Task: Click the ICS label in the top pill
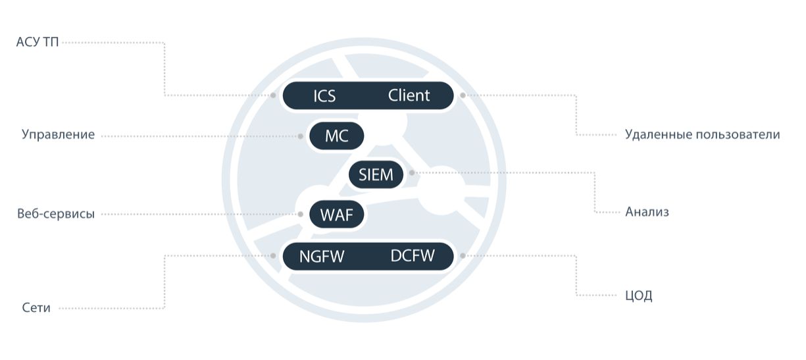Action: (x=324, y=96)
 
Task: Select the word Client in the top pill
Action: (x=409, y=95)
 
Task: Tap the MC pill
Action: (x=336, y=136)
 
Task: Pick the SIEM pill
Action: (x=376, y=174)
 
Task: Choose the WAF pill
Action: (x=336, y=215)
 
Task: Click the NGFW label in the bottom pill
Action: (x=322, y=256)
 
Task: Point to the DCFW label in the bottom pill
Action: (x=413, y=256)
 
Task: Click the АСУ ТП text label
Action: (x=38, y=42)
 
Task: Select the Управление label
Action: (x=58, y=134)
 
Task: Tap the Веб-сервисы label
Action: (x=56, y=213)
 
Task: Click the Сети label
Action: (x=36, y=308)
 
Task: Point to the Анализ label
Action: (x=647, y=212)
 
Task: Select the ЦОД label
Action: (x=639, y=296)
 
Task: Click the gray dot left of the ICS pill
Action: (x=273, y=95)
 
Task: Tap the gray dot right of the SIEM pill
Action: (x=412, y=173)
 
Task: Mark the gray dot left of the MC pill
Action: (x=301, y=136)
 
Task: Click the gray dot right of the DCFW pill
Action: (x=463, y=255)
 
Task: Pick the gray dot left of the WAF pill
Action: (x=301, y=214)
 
